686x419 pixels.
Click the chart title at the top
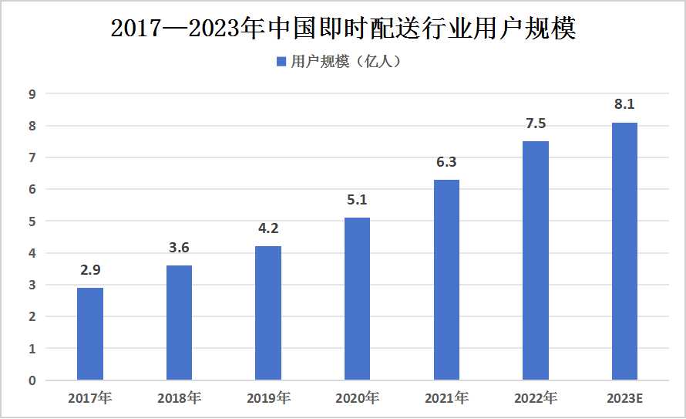pyautogui.click(x=343, y=29)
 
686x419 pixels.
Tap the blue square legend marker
pyautogui.click(x=281, y=62)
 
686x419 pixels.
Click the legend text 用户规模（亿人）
pyautogui.click(x=345, y=62)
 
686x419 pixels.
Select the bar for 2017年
pyautogui.click(x=89, y=333)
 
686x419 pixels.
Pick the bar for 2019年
pyautogui.click(x=267, y=313)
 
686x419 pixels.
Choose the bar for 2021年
pyautogui.click(x=446, y=279)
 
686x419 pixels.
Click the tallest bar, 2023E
pyautogui.click(x=624, y=251)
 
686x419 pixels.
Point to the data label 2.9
pyautogui.click(x=89, y=271)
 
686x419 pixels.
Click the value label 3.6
pyautogui.click(x=179, y=248)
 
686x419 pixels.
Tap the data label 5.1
pyautogui.click(x=357, y=201)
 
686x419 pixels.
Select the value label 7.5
pyautogui.click(x=535, y=124)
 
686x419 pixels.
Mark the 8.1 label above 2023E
pyautogui.click(x=624, y=105)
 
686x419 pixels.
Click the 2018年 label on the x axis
pyautogui.click(x=179, y=399)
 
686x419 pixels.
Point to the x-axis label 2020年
pyautogui.click(x=357, y=399)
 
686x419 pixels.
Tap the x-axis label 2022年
pyautogui.click(x=535, y=399)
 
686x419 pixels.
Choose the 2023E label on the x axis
pyautogui.click(x=624, y=399)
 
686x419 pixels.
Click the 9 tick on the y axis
pyautogui.click(x=32, y=94)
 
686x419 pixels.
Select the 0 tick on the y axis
pyautogui.click(x=32, y=380)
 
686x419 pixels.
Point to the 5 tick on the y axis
pyautogui.click(x=32, y=221)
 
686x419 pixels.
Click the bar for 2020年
pyautogui.click(x=357, y=299)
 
